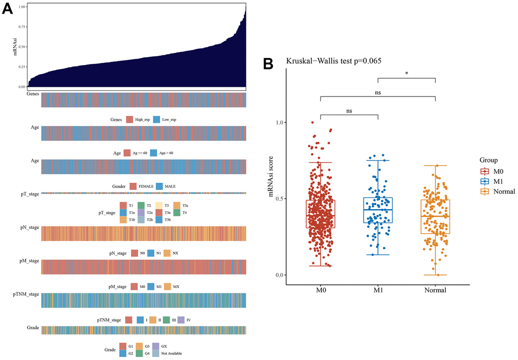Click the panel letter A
pyautogui.click(x=9, y=11)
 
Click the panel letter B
pyautogui.click(x=268, y=63)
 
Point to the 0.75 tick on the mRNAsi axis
pyautogui.click(x=21, y=27)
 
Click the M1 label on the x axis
pyautogui.click(x=378, y=290)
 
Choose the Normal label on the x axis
pyautogui.click(x=435, y=290)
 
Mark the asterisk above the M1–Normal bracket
pyautogui.click(x=407, y=74)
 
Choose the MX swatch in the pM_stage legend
pyautogui.click(x=167, y=286)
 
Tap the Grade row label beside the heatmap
pyautogui.click(x=34, y=329)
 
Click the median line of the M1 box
pyautogui.click(x=378, y=210)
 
